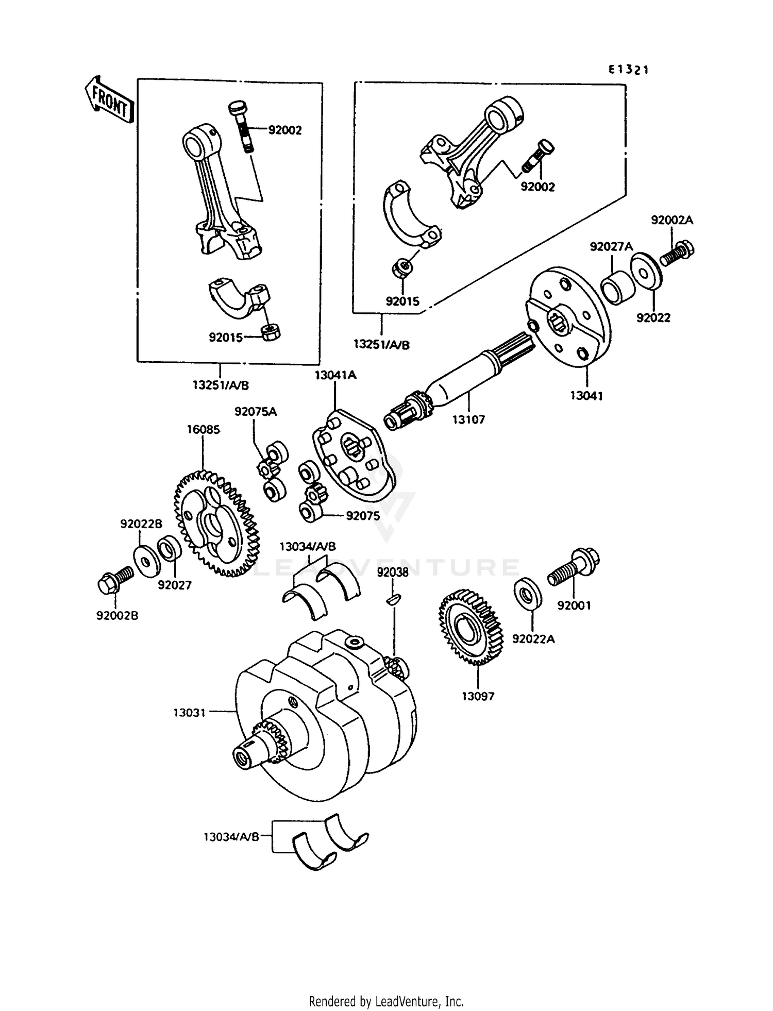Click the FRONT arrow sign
[x=110, y=100]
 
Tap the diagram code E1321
[x=628, y=70]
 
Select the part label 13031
[x=189, y=713]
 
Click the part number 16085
[x=203, y=429]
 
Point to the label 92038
[x=393, y=572]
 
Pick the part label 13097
[x=478, y=696]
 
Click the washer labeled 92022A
[x=528, y=595]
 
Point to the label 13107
[x=468, y=419]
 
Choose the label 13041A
[x=335, y=375]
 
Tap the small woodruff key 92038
[x=393, y=599]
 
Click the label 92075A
[x=256, y=412]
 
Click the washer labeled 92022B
[x=146, y=560]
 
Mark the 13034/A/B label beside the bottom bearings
[x=231, y=837]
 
